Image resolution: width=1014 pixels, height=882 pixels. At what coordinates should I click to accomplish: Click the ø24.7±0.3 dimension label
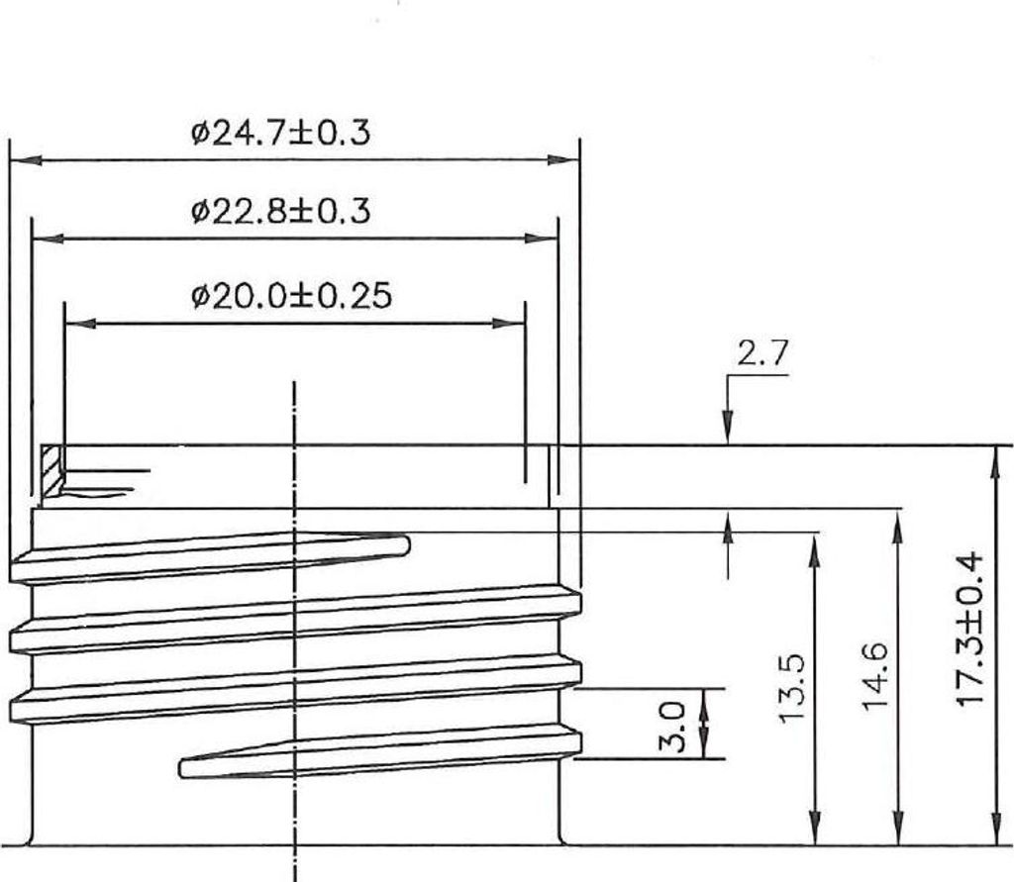[280, 134]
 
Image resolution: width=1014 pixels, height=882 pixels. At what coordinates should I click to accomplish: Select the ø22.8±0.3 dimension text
[280, 212]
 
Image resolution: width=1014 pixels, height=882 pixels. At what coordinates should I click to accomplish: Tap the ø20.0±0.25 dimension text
[292, 296]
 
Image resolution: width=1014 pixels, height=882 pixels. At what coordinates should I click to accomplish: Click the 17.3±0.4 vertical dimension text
[969, 629]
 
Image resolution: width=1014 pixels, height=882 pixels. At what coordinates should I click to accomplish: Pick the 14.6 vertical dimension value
[876, 676]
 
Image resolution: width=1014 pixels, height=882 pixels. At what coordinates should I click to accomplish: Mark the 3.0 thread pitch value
[672, 727]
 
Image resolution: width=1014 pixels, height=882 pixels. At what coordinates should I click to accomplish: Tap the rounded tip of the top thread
[407, 546]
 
